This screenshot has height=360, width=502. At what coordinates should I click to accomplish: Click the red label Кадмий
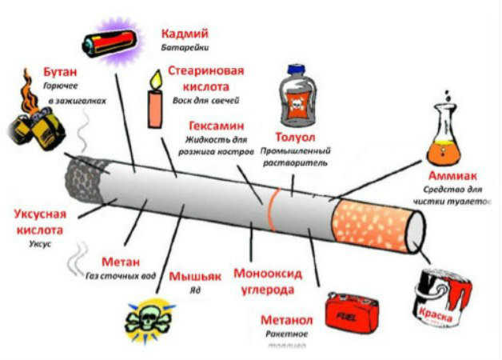pyautogui.click(x=185, y=34)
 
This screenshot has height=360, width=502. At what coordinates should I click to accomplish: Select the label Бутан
pyautogui.click(x=60, y=71)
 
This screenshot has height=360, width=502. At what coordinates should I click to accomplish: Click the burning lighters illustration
pyautogui.click(x=37, y=121)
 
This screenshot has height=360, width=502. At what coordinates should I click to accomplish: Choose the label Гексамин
pyautogui.click(x=217, y=126)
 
